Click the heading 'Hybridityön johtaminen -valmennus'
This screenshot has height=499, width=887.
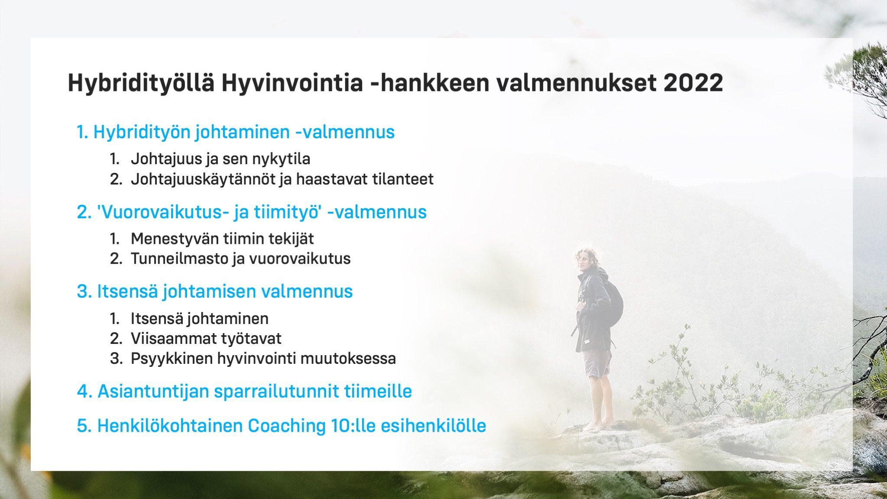(x=236, y=132)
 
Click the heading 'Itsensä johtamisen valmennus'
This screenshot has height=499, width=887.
(x=215, y=292)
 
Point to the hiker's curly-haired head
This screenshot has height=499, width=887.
(x=586, y=261)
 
